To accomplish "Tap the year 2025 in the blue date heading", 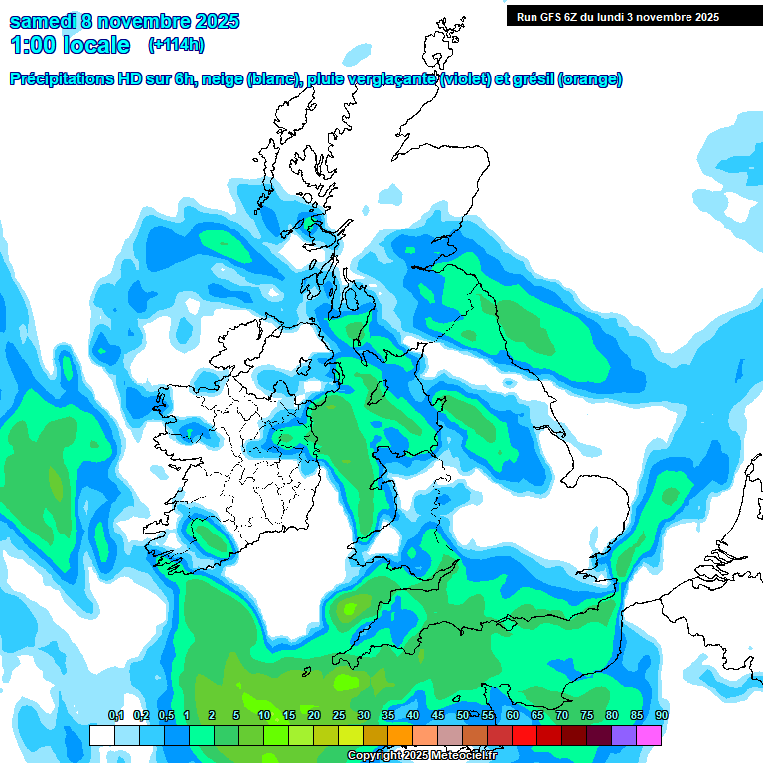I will [x=210, y=20].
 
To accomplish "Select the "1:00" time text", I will [x=34, y=45].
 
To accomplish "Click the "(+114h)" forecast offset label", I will [x=176, y=45].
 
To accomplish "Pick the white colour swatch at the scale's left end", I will [x=101, y=736].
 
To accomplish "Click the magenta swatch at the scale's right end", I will [x=649, y=736].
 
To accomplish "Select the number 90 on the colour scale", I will [x=662, y=715].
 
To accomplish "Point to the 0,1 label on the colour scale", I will [x=115, y=715].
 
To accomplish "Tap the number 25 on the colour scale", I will [x=339, y=715].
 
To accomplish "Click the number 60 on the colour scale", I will [x=513, y=715].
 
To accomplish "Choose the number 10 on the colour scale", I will [x=264, y=715].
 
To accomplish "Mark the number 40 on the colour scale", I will [x=413, y=715].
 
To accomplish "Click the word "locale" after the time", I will [x=97, y=45].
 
